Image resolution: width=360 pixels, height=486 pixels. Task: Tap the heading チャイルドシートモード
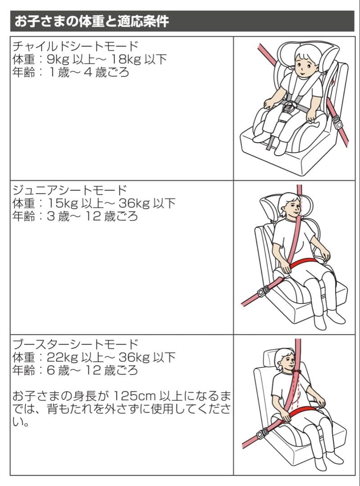[75, 45]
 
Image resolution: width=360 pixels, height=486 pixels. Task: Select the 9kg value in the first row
[58, 59]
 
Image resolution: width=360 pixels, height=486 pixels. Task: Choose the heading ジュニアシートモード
[69, 189]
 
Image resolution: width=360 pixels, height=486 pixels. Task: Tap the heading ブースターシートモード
[75, 344]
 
